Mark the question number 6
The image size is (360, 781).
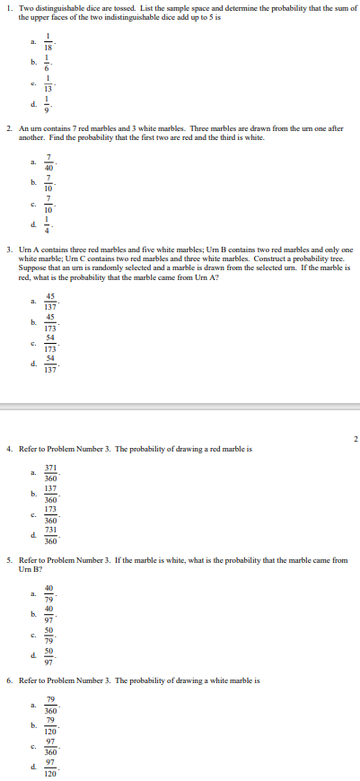[x=9, y=680]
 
